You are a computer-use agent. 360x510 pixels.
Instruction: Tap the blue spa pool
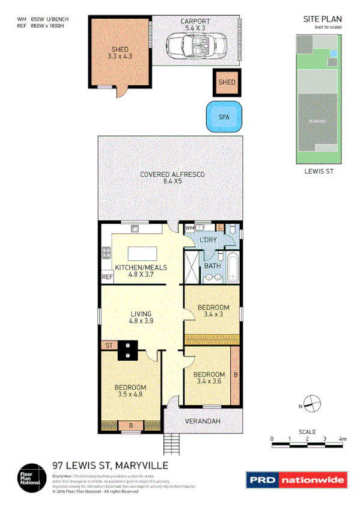pos(224,116)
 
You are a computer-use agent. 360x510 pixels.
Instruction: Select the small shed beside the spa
pos(227,82)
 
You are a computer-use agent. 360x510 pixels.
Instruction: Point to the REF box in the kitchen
pos(107,277)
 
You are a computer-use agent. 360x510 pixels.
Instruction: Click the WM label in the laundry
pos(189,229)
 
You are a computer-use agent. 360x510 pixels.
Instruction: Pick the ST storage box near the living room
pos(109,345)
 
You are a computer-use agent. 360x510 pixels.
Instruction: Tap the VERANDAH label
pos(200,420)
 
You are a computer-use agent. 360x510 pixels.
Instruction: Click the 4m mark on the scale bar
pos(343,439)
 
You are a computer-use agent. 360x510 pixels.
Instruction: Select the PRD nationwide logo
pos(296,480)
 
